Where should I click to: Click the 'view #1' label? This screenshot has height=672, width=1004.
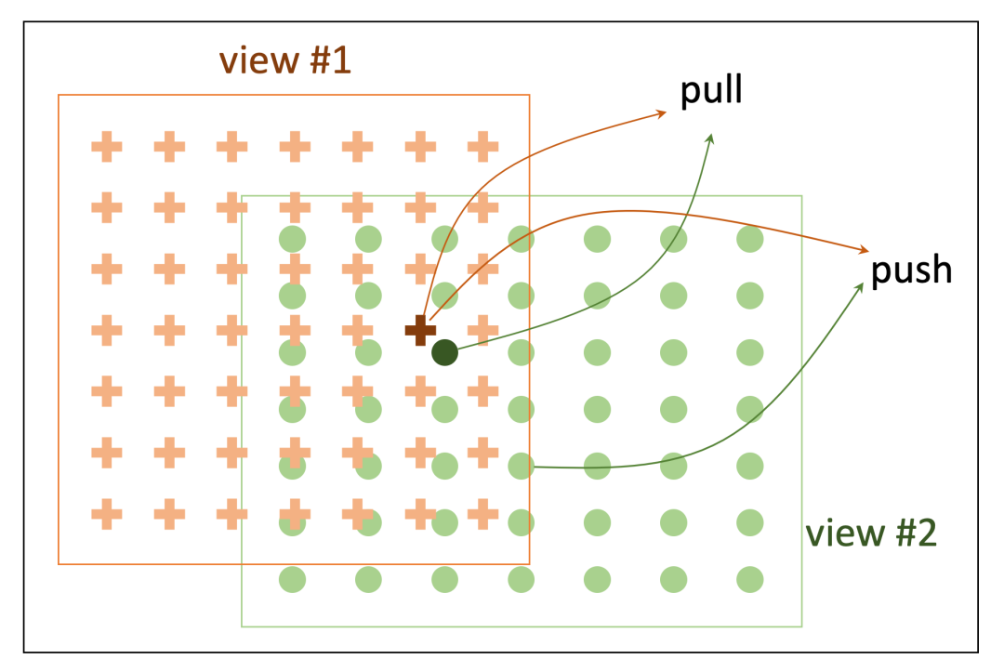point(284,61)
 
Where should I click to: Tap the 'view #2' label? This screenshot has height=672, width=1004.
point(870,534)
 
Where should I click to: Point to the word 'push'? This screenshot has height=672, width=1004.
point(912,270)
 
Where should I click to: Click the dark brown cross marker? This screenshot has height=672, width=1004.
point(420,329)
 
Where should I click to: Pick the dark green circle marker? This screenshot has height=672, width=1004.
point(444,352)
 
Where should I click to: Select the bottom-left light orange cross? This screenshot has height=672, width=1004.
point(107,512)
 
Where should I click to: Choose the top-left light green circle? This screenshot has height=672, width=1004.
point(293,239)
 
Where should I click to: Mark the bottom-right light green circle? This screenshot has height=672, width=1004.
point(749,580)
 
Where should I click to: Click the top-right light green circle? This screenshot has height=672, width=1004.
point(749,239)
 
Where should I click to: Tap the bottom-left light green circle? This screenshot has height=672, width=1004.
point(293,580)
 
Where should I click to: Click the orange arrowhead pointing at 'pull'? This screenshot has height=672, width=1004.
point(663,113)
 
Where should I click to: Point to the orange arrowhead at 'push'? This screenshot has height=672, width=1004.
point(865,251)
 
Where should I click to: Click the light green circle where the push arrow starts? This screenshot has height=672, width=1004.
point(521,466)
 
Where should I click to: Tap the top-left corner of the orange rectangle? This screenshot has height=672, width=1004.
point(59,95)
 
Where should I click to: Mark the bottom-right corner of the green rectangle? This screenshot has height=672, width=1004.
point(801,626)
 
